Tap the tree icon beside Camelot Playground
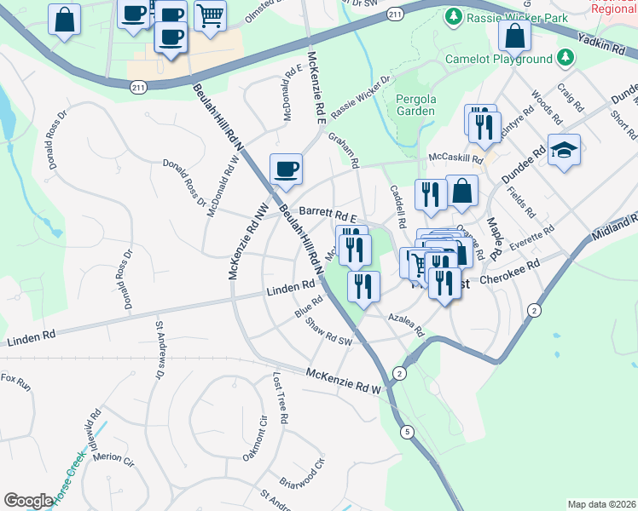(565, 59)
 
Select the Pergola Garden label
(415, 105)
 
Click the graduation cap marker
(564, 151)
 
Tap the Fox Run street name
(15, 382)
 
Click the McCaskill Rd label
(455, 158)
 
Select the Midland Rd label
(612, 222)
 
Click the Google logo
(28, 500)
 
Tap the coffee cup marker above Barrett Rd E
(286, 169)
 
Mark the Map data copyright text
(601, 504)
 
